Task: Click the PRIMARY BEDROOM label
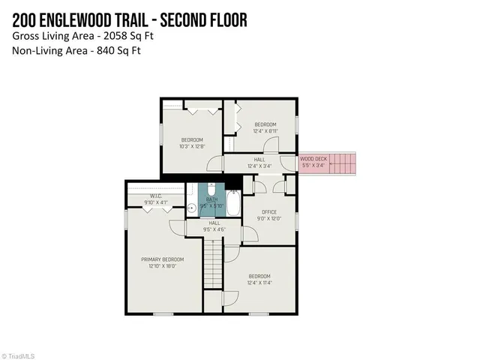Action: click(x=163, y=259)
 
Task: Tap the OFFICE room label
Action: click(x=269, y=211)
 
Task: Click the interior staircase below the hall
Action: click(x=214, y=262)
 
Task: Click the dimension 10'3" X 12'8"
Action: click(x=192, y=146)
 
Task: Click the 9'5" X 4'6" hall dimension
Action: click(x=214, y=229)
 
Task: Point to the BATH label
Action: click(x=211, y=199)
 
